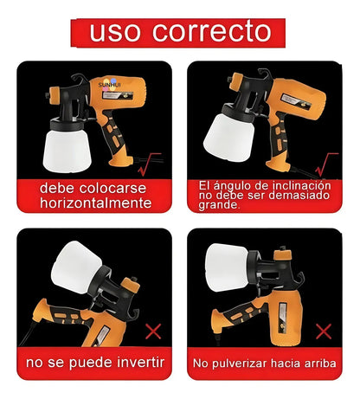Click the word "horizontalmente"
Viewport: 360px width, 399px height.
(95, 204)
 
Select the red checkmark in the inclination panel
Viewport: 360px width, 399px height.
(327, 161)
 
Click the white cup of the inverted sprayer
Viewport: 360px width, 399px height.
(77, 271)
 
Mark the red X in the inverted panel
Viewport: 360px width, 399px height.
(154, 329)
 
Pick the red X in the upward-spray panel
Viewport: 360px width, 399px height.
(325, 330)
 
